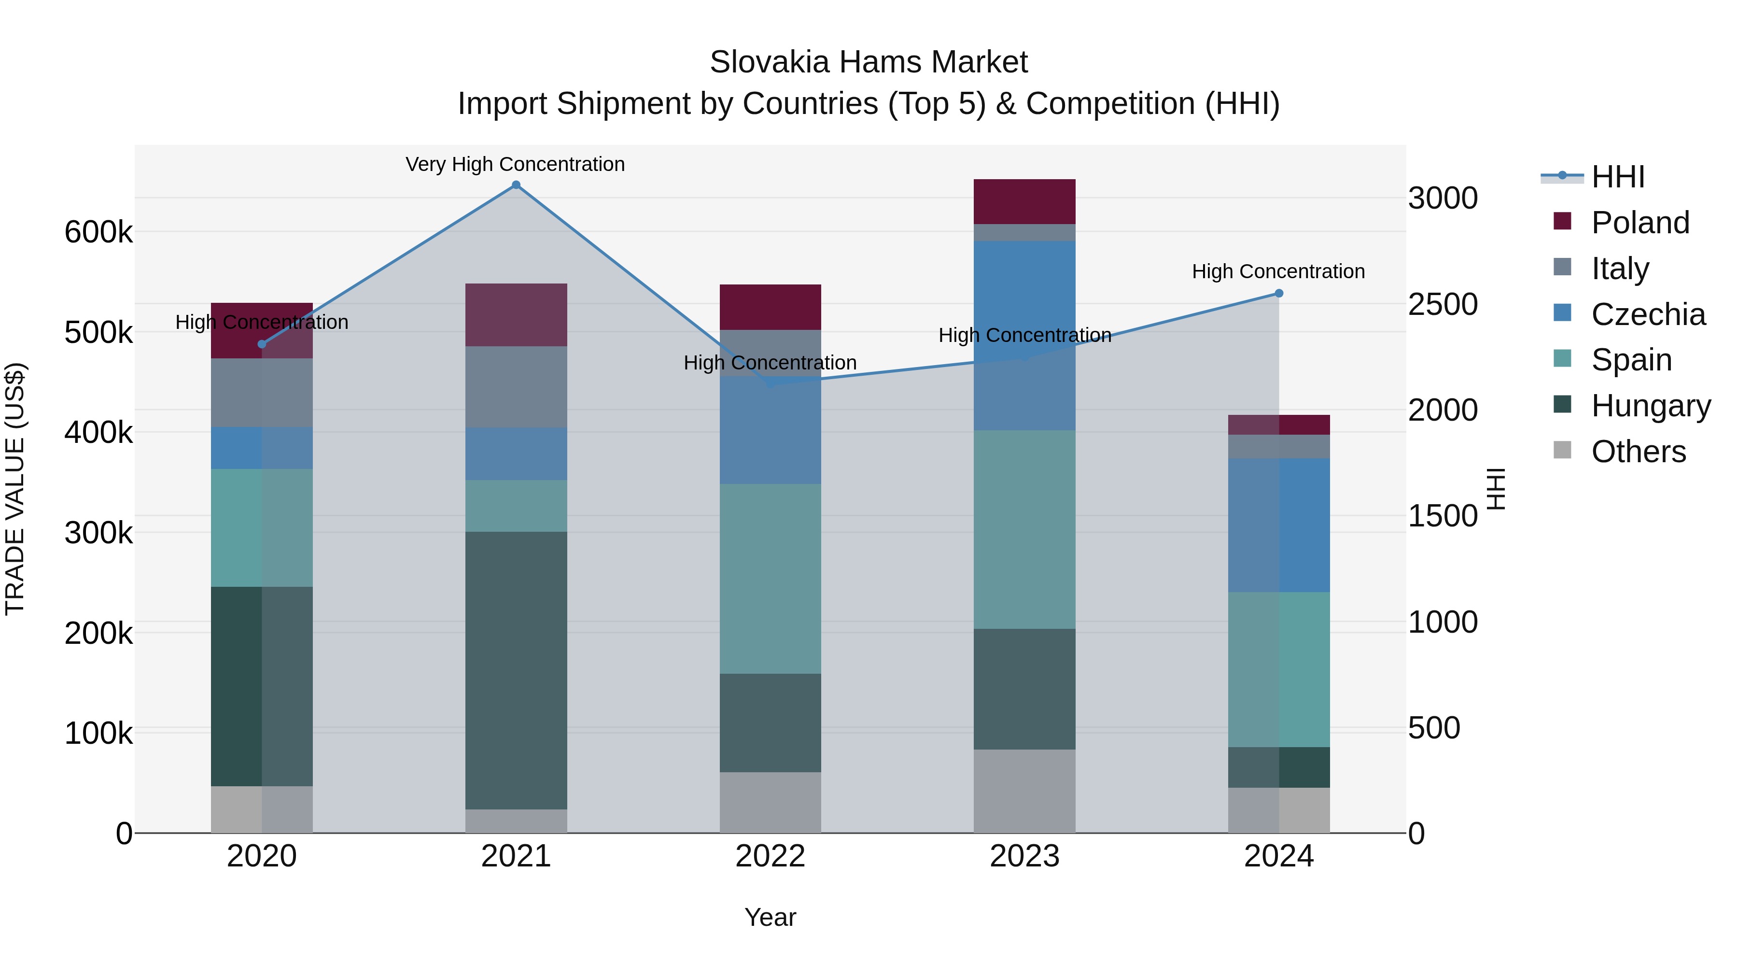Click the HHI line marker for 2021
point(516,185)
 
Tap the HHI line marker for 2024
point(1278,294)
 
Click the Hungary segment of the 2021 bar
point(516,670)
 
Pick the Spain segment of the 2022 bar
point(770,579)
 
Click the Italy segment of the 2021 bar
point(516,387)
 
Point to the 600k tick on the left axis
point(98,232)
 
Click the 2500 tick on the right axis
point(1443,304)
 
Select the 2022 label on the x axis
point(770,856)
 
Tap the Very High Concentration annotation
point(516,165)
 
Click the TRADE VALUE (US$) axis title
point(15,489)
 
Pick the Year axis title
point(770,918)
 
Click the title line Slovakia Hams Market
point(869,63)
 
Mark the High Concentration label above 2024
point(1278,272)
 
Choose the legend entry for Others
point(1638,452)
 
